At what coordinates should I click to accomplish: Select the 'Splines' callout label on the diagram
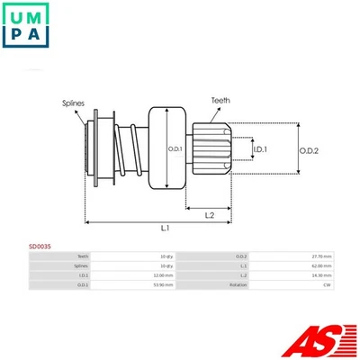click(x=74, y=104)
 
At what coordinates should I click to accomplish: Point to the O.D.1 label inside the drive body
click(x=175, y=148)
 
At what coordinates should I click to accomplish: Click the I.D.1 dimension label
click(x=258, y=148)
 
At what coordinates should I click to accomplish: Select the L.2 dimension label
click(x=209, y=215)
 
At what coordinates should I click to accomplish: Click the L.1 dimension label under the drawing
click(x=166, y=229)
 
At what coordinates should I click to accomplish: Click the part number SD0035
click(x=40, y=245)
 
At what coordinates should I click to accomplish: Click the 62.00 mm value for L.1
click(x=321, y=265)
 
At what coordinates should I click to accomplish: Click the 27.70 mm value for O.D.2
click(x=321, y=256)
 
